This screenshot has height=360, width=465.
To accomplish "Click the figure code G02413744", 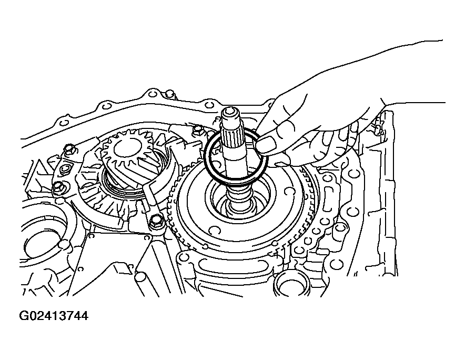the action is pos(54,316).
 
